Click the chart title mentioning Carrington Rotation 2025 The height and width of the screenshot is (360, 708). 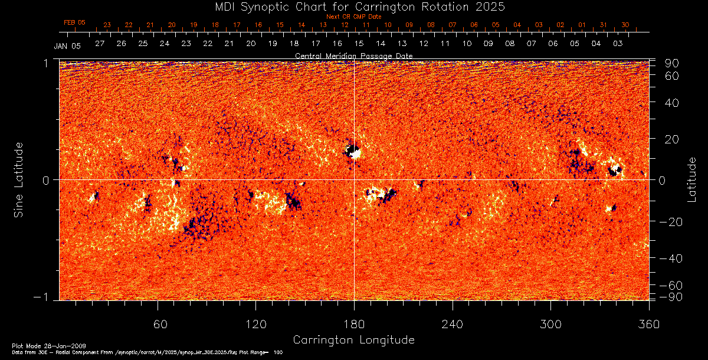pyautogui.click(x=353, y=6)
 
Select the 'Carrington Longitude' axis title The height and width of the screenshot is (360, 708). pyautogui.click(x=353, y=340)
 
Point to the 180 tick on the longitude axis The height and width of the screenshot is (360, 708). pyautogui.click(x=354, y=324)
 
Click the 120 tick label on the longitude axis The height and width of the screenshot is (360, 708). pyautogui.click(x=256, y=324)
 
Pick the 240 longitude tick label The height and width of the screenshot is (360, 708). pyautogui.click(x=453, y=324)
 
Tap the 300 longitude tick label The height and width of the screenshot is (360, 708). pyautogui.click(x=550, y=324)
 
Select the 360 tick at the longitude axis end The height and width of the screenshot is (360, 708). pyautogui.click(x=649, y=324)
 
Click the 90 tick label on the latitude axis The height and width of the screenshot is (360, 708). pyautogui.click(x=673, y=63)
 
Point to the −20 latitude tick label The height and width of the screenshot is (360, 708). pyautogui.click(x=671, y=221)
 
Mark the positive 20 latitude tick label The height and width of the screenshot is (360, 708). pyautogui.click(x=673, y=139)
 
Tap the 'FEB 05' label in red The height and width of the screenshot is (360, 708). pyautogui.click(x=74, y=22)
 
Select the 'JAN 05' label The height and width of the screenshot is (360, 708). pyautogui.click(x=67, y=45)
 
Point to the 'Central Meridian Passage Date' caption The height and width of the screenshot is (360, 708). pyautogui.click(x=353, y=55)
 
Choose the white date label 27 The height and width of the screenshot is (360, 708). pyautogui.click(x=99, y=44)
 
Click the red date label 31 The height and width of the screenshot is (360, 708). pyautogui.click(x=603, y=25)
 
